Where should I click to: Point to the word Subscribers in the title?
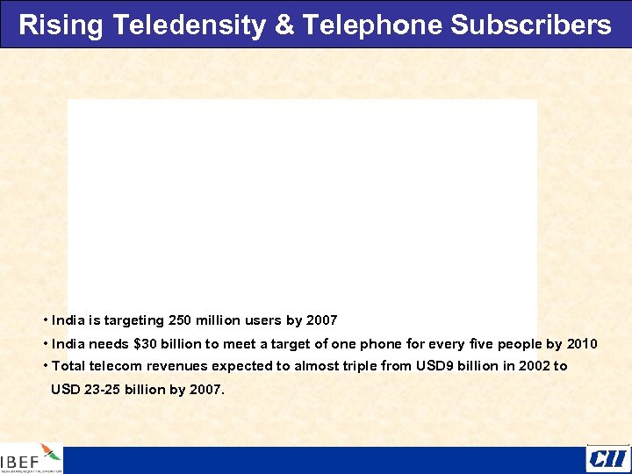click(531, 25)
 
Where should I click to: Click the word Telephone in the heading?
click(372, 25)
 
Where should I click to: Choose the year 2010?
click(582, 344)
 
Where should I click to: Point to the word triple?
click(361, 366)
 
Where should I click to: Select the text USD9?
click(435, 366)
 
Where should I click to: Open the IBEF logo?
click(32, 458)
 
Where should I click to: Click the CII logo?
click(607, 458)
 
